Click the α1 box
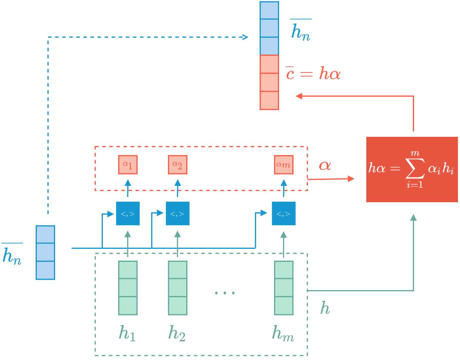128,165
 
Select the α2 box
177,165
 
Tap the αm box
283,165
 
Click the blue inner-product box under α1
128,213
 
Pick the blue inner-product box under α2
177,213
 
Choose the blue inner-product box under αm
283,213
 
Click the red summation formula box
412,169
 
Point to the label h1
127,333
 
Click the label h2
177,333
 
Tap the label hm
283,333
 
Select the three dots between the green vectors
225,293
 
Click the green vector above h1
128,288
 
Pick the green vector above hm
283,288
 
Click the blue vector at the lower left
45,252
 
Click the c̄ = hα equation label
313,73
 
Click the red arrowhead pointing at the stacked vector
299,96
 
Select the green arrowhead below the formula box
413,217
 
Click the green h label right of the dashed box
325,308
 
